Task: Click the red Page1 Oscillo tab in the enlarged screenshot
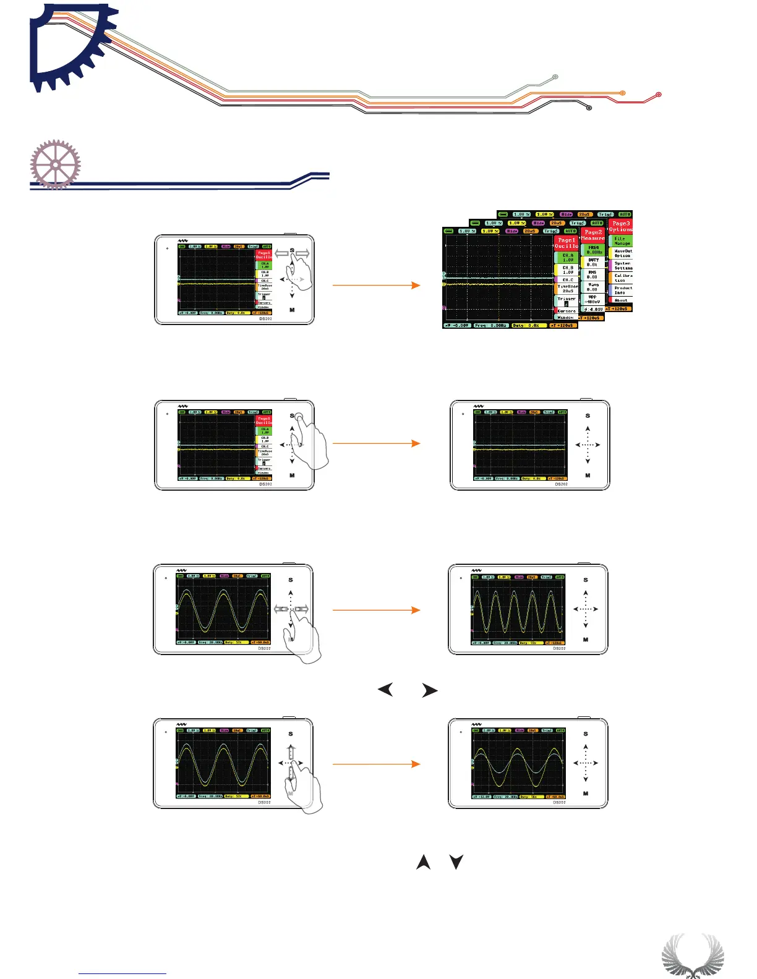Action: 566,243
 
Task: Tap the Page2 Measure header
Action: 592,235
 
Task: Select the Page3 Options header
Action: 620,226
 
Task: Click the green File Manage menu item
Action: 621,241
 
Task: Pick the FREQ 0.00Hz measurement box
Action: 593,250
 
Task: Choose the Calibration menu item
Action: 622,278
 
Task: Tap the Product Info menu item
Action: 622,290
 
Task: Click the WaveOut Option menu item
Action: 622,253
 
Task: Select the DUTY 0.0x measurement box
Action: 592,262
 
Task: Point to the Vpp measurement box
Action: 592,299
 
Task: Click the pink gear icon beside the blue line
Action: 56,164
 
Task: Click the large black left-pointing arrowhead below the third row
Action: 385,690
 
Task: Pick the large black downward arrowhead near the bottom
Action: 456,862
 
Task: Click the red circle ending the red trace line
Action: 659,95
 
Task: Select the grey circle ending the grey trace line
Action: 555,77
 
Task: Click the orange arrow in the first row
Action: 376,285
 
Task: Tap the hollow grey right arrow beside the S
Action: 302,253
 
